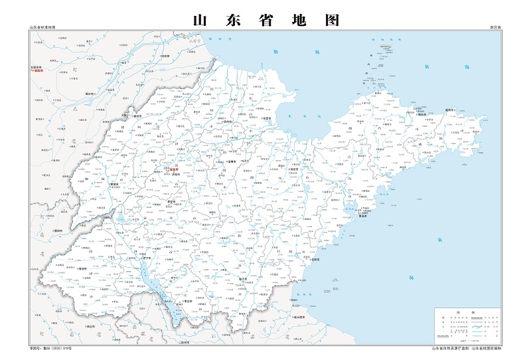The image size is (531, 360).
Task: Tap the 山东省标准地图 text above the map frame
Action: click(42, 28)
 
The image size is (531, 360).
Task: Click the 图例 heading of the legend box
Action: click(469, 312)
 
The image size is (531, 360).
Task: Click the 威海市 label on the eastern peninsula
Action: click(451, 111)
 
